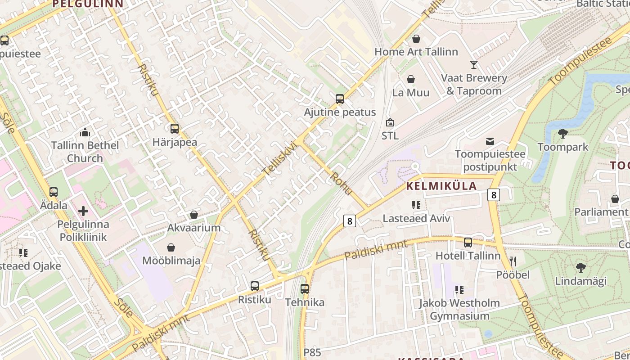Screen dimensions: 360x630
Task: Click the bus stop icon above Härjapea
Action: (175, 128)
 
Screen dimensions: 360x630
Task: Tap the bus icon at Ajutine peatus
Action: (340, 99)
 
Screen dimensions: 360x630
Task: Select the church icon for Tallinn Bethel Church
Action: (85, 132)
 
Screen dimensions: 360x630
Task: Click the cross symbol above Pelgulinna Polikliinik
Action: (83, 211)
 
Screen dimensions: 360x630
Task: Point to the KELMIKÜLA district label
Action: (441, 186)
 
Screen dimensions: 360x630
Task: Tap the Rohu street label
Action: (342, 183)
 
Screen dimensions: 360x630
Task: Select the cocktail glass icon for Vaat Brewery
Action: (474, 65)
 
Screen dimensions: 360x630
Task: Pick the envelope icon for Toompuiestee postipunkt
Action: (490, 141)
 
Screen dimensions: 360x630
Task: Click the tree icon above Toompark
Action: (562, 133)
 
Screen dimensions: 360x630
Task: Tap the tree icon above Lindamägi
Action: (580, 267)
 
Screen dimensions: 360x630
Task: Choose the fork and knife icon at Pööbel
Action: (513, 261)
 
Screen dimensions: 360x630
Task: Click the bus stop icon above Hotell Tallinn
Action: (468, 242)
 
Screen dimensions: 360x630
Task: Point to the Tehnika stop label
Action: (305, 302)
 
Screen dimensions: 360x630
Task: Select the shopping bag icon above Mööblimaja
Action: (171, 247)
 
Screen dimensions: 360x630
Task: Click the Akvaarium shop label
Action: (194, 228)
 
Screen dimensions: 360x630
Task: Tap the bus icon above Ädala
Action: (54, 192)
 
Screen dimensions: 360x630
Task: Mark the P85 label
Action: (312, 352)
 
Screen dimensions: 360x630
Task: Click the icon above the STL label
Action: (390, 122)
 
